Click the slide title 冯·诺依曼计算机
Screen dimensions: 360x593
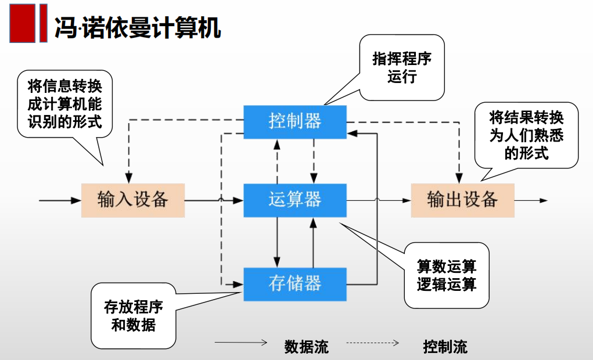point(138,27)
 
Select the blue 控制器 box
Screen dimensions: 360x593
point(294,121)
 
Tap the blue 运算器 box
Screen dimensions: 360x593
point(294,200)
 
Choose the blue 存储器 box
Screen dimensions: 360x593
point(294,284)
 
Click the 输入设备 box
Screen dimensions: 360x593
point(132,200)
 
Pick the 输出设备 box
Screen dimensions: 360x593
point(462,200)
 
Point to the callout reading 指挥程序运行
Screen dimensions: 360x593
point(401,67)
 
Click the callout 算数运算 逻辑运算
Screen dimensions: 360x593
point(446,275)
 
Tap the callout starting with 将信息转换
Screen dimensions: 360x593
point(64,104)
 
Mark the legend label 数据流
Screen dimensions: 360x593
point(306,347)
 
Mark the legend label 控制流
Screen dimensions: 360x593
point(445,347)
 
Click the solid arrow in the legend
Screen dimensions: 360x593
point(240,343)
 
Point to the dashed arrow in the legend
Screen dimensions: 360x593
point(372,343)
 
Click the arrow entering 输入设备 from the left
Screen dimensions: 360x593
point(60,200)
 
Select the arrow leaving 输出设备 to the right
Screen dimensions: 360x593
point(531,200)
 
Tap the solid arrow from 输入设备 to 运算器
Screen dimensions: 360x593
point(214,200)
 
